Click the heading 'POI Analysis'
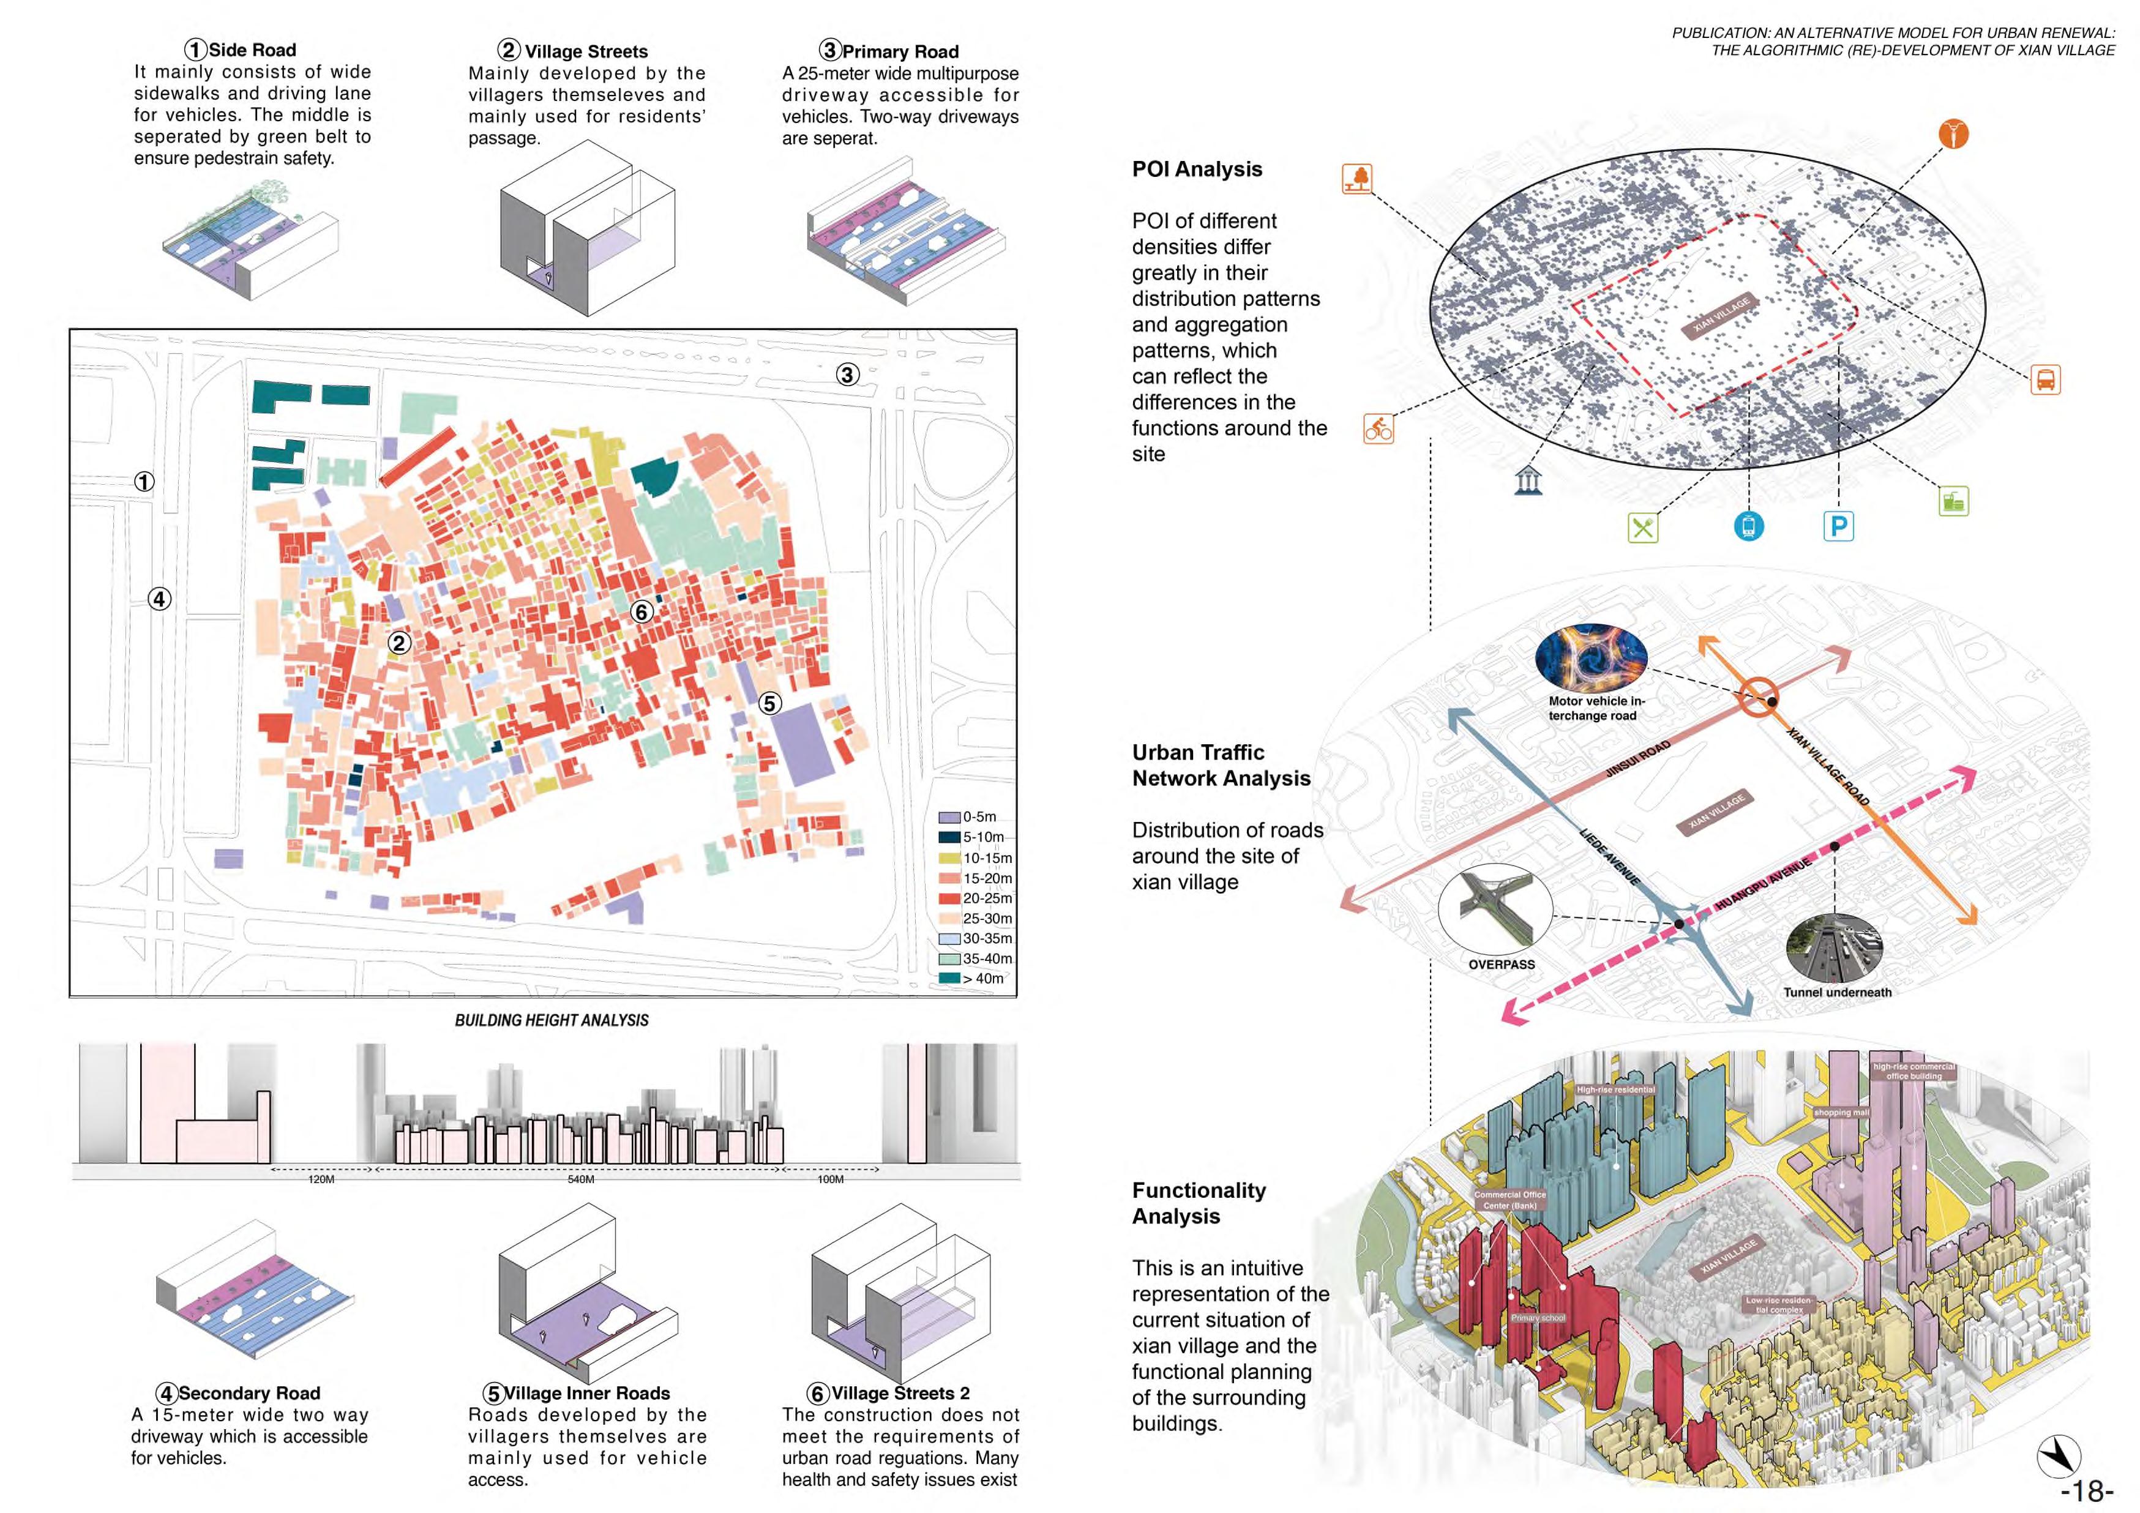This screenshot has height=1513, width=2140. point(1197,169)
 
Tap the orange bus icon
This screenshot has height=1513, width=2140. point(2045,380)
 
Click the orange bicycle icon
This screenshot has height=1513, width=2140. point(1379,429)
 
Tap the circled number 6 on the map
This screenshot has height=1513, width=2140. point(642,611)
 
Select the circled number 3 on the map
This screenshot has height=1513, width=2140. point(847,375)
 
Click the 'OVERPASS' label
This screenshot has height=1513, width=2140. point(1500,965)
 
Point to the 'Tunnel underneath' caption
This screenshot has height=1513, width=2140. point(1837,992)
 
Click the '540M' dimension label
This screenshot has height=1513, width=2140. point(581,1179)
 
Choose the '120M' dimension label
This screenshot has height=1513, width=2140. point(321,1179)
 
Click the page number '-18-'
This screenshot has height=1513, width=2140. point(2086,1492)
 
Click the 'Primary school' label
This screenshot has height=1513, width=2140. point(1538,1318)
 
